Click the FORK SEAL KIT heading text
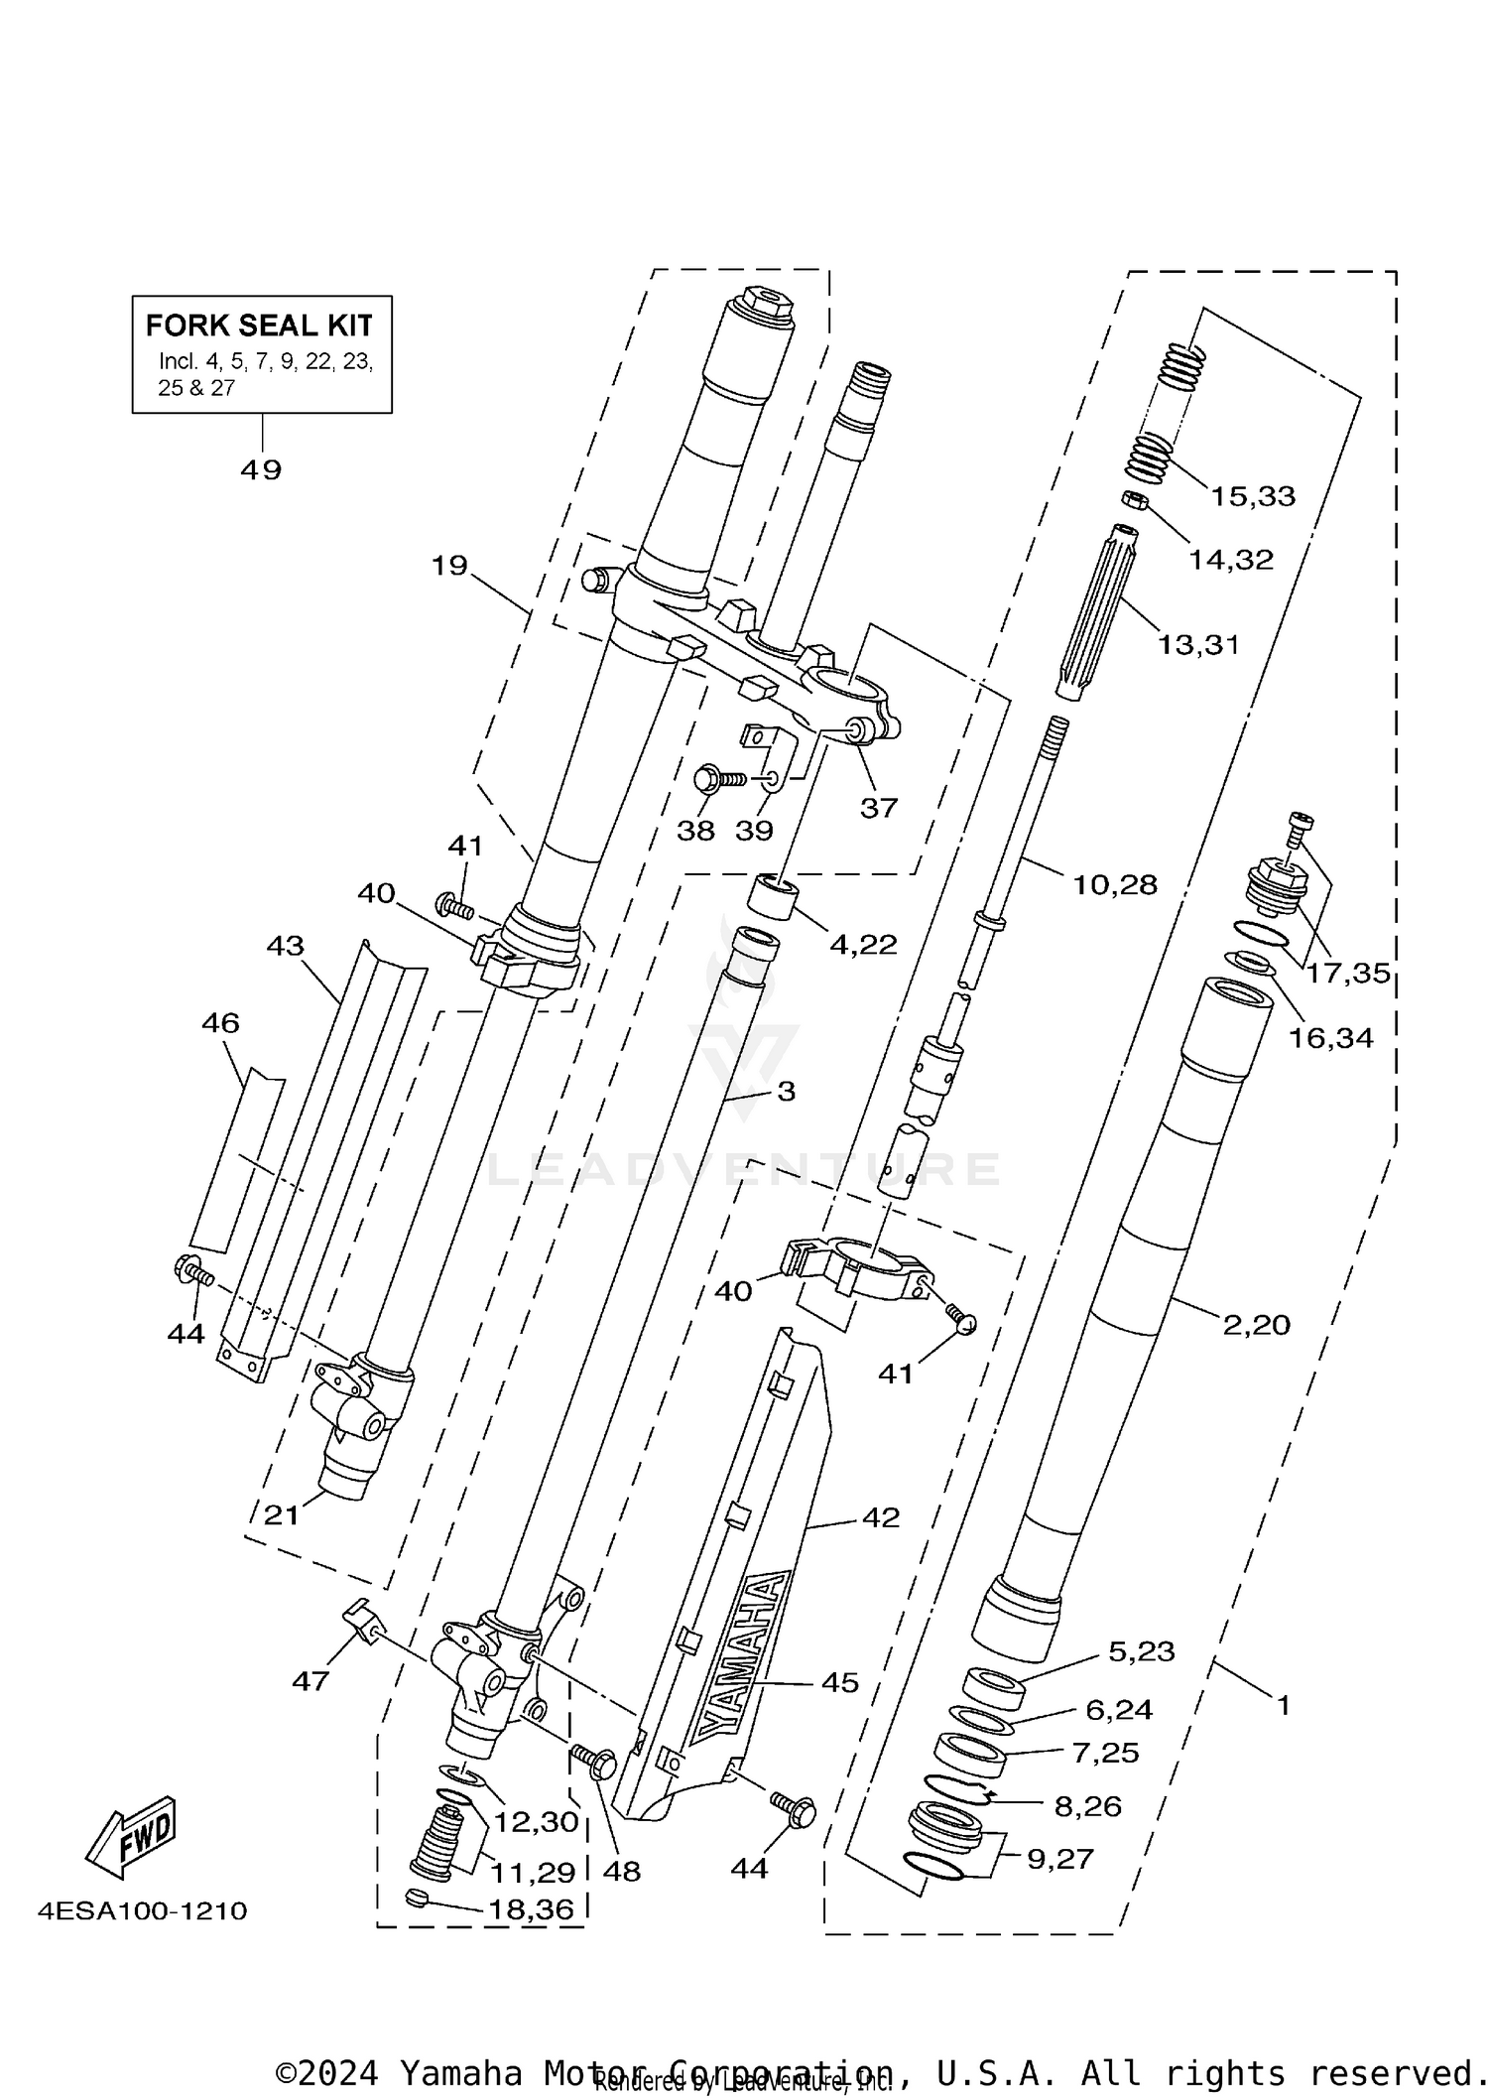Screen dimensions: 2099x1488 pos(259,326)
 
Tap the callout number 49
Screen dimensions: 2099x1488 pos(261,469)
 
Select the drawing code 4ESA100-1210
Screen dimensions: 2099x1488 pos(142,1910)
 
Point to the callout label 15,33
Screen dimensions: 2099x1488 pos(1252,496)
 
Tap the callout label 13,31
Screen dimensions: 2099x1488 pos(1198,645)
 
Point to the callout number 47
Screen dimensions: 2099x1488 pos(310,1681)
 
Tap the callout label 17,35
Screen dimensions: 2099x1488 pos(1347,974)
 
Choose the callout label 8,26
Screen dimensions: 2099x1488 pos(1087,1806)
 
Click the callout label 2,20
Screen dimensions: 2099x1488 pos(1256,1324)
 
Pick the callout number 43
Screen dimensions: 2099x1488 pos(285,946)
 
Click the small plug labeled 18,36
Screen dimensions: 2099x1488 pos(417,1900)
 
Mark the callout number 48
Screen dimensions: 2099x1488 pos(622,1872)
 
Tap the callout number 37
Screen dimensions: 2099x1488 pos(878,808)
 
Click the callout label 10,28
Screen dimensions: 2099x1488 pos(1115,884)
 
